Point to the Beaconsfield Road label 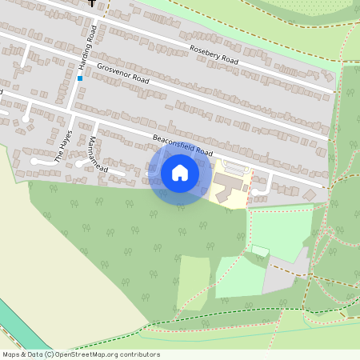(184, 145)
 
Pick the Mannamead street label (93, 148)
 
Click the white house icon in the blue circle (180, 173)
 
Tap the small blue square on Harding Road (80, 78)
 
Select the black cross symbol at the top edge (92, 3)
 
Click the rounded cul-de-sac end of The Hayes (34, 161)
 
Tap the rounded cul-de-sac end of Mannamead (80, 163)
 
